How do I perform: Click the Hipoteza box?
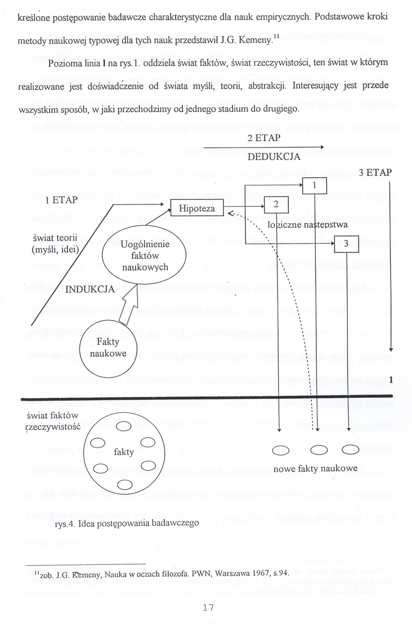[x=197, y=208]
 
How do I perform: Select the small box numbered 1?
[x=315, y=186]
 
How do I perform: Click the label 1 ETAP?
[x=61, y=200]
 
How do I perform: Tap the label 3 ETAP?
[x=375, y=173]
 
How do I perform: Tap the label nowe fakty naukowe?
[x=315, y=469]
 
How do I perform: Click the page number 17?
[x=208, y=607]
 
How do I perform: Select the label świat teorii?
[x=55, y=238]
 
